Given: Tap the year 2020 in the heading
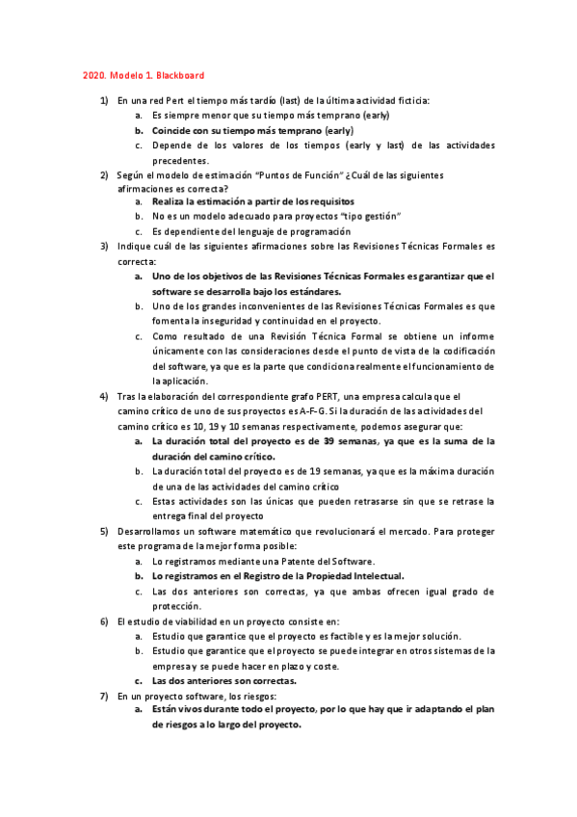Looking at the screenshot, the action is pyautogui.click(x=92, y=75).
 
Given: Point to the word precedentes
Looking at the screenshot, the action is pyautogui.click(x=180, y=160).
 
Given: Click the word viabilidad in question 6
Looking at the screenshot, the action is pyautogui.click(x=197, y=620).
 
